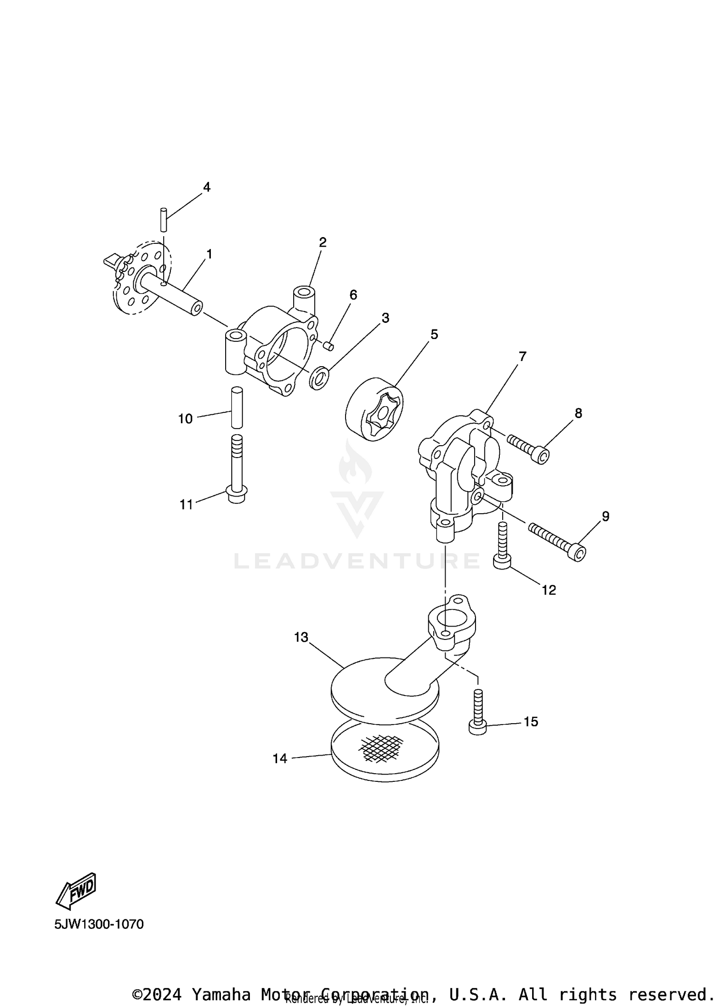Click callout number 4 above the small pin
pyautogui.click(x=206, y=187)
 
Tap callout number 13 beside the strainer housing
pyautogui.click(x=301, y=637)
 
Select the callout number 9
pyautogui.click(x=605, y=516)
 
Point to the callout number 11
pyautogui.click(x=186, y=504)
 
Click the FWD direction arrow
pyautogui.click(x=76, y=890)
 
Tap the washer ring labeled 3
pyautogui.click(x=319, y=377)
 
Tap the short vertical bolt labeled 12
pyautogui.click(x=502, y=545)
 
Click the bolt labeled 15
pyautogui.click(x=478, y=713)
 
